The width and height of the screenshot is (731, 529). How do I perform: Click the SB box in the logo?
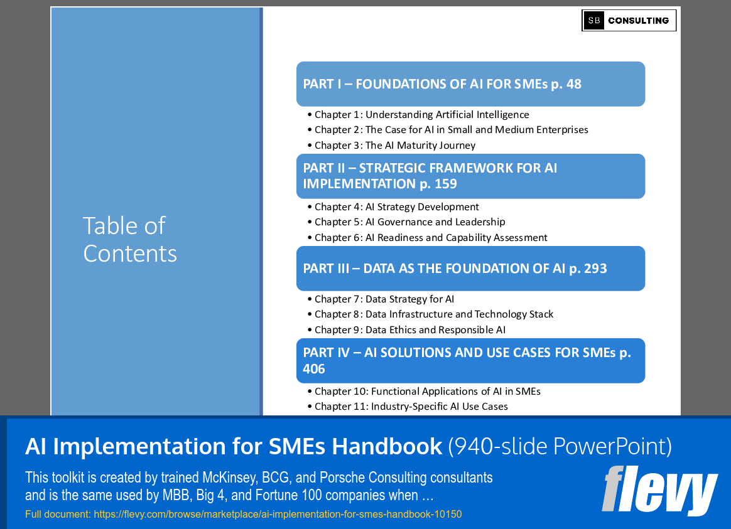click(x=593, y=21)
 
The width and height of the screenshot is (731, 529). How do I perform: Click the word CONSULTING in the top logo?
click(x=638, y=21)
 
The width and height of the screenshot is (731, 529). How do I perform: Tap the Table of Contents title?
click(x=130, y=239)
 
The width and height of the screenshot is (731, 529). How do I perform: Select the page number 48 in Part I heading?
click(x=573, y=84)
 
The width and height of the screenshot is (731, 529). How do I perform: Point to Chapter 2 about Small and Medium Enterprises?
click(x=451, y=130)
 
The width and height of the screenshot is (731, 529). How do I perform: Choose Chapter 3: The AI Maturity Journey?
click(x=395, y=146)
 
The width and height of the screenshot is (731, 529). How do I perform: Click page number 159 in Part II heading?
click(x=443, y=184)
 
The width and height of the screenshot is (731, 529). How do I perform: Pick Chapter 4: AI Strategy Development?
click(x=396, y=207)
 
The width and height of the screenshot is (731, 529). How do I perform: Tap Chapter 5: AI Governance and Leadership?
click(x=409, y=222)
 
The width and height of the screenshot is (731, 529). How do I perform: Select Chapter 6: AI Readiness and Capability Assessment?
click(x=431, y=238)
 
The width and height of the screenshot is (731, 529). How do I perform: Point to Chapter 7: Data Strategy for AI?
click(x=384, y=299)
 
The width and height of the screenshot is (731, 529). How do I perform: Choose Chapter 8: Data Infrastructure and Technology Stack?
click(x=434, y=314)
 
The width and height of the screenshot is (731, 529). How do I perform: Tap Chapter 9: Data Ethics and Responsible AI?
click(x=409, y=330)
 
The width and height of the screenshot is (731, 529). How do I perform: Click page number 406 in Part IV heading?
click(x=314, y=369)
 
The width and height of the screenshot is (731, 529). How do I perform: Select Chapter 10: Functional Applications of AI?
click(x=427, y=392)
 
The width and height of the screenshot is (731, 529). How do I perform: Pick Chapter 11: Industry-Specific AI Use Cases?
click(x=411, y=407)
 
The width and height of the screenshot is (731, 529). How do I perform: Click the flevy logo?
click(x=659, y=491)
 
